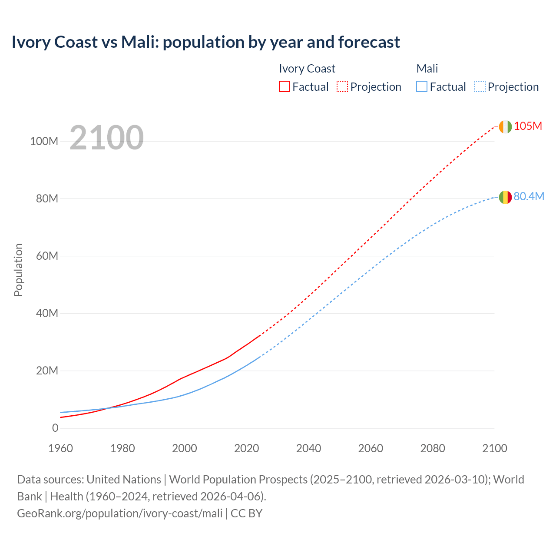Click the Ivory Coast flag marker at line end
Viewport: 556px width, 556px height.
click(x=505, y=126)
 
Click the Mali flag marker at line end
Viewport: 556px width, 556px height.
click(x=505, y=197)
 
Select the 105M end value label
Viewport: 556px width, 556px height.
click(x=528, y=126)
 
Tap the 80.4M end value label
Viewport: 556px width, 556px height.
click(x=529, y=196)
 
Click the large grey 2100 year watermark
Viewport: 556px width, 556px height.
click(x=106, y=138)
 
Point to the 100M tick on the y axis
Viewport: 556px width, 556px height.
click(x=44, y=141)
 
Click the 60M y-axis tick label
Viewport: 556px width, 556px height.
click(x=46, y=256)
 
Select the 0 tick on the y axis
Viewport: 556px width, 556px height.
click(x=55, y=428)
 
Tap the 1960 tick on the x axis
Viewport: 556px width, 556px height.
click(x=60, y=448)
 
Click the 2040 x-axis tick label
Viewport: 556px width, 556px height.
click(x=308, y=448)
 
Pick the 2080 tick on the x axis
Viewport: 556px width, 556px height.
click(x=433, y=448)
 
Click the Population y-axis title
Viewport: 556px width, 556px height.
click(x=18, y=270)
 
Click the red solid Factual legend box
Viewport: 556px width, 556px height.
click(x=284, y=86)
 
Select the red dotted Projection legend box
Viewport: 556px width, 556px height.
click(x=342, y=86)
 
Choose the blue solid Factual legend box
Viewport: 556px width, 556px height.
click(x=421, y=86)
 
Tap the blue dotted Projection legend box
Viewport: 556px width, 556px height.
click(x=480, y=86)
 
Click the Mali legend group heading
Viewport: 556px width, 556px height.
click(x=427, y=69)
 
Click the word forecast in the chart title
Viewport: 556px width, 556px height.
click(x=369, y=42)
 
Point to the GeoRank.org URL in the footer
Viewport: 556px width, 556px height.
click(x=119, y=513)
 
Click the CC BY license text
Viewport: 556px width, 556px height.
click(x=246, y=513)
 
